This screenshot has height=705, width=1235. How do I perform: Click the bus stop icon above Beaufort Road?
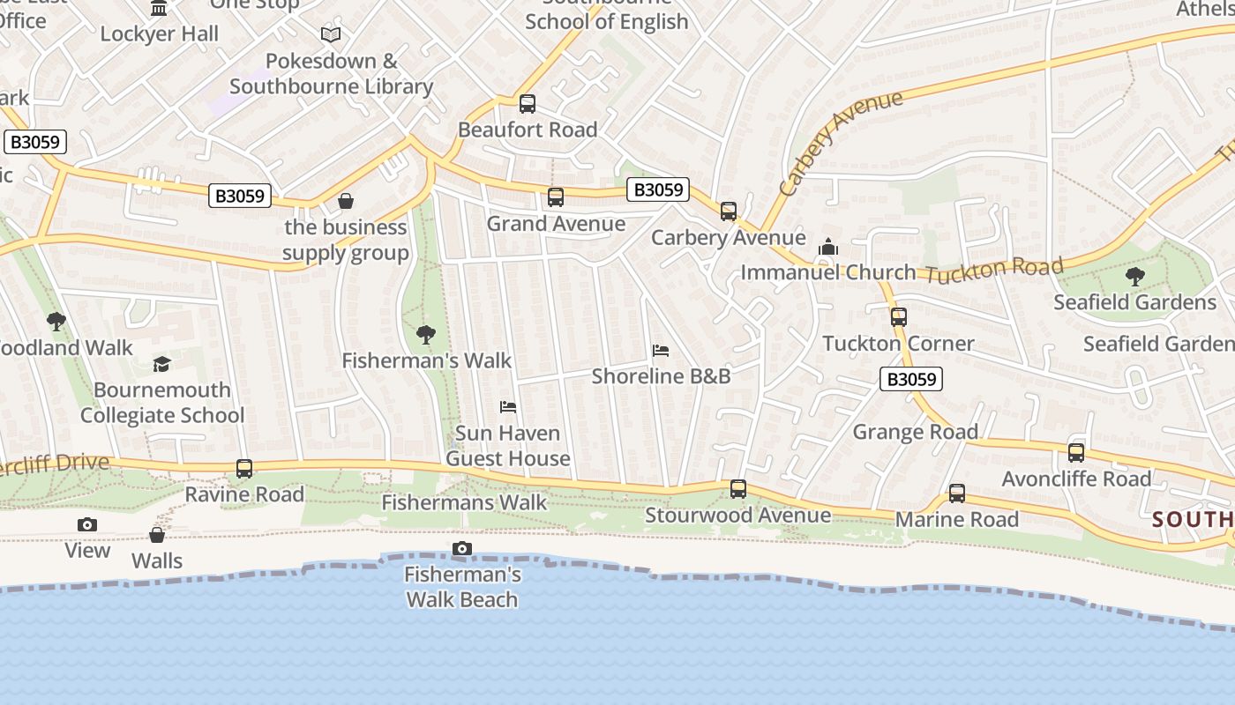pyautogui.click(x=528, y=104)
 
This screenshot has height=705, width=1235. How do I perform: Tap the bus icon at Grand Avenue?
pyautogui.click(x=556, y=197)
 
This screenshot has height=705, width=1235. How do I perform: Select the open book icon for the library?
pyautogui.click(x=331, y=35)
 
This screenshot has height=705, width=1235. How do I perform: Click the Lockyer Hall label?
pyautogui.click(x=159, y=33)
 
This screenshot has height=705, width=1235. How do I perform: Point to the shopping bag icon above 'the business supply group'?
pyautogui.click(x=346, y=202)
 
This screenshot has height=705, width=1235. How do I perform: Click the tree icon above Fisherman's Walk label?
pyautogui.click(x=426, y=335)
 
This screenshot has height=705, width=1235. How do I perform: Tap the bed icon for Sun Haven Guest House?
pyautogui.click(x=508, y=407)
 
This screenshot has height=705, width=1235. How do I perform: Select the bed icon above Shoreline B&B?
pyautogui.click(x=661, y=351)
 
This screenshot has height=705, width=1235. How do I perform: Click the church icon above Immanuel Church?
pyautogui.click(x=827, y=248)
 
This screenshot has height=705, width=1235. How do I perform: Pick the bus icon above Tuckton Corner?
pyautogui.click(x=899, y=317)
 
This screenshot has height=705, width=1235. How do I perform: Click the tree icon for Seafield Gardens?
pyautogui.click(x=1135, y=277)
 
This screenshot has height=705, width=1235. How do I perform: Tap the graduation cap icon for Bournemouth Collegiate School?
pyautogui.click(x=161, y=364)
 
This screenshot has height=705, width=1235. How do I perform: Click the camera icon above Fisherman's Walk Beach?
pyautogui.click(x=461, y=549)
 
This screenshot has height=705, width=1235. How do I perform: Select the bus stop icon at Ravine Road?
pyautogui.click(x=244, y=469)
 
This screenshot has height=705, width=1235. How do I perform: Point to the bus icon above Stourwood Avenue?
pyautogui.click(x=738, y=489)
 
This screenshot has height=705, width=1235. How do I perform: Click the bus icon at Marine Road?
pyautogui.click(x=957, y=493)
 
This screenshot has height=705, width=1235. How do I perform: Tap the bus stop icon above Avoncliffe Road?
pyautogui.click(x=1076, y=453)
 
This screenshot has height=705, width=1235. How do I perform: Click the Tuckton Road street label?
pyautogui.click(x=994, y=271)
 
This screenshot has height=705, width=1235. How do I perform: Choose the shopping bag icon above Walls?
pyautogui.click(x=157, y=535)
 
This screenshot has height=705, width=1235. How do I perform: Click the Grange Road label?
pyautogui.click(x=915, y=432)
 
